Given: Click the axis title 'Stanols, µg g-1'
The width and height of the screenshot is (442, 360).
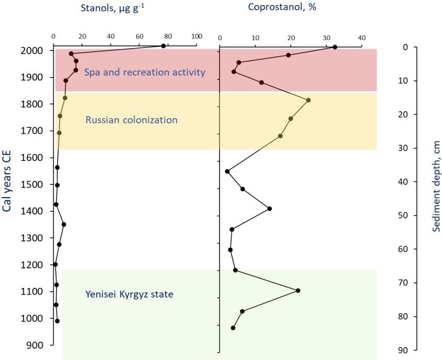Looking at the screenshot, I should tap(112, 8).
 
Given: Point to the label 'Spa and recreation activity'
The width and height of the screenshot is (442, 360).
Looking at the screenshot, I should tap(145, 73).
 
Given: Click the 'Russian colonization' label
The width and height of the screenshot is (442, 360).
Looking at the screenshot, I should tap(131, 120).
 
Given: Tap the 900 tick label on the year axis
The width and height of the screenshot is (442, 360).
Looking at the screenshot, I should tap(36, 345).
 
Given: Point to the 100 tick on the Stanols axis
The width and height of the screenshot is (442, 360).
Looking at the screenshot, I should tap(197, 37).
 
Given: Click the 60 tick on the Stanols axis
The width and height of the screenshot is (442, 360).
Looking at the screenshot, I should tap(140, 37).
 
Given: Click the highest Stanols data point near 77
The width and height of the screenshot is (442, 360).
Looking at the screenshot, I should tap(163, 46).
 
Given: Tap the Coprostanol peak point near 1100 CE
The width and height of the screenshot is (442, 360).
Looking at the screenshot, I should tap(298, 291).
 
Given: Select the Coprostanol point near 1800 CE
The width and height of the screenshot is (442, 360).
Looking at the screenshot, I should tap(308, 100).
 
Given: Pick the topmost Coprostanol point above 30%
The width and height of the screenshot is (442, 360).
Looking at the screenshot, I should tap(335, 47).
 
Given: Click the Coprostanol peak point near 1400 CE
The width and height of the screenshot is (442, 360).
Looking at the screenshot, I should tap(269, 209).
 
